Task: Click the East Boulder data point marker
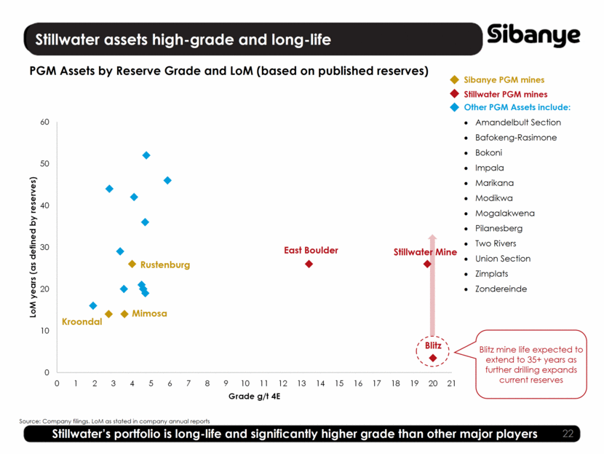pyautogui.click(x=309, y=264)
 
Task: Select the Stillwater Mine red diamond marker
pyautogui.click(x=427, y=264)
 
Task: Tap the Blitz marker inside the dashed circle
pyautogui.click(x=433, y=358)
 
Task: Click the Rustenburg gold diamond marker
pyautogui.click(x=132, y=264)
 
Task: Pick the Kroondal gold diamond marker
pyautogui.click(x=108, y=314)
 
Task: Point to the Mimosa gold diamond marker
pyautogui.click(x=124, y=314)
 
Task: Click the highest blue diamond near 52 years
pyautogui.click(x=146, y=155)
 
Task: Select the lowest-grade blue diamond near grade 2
pyautogui.click(x=93, y=305)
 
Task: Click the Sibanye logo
pyautogui.click(x=534, y=36)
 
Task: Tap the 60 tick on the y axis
pyautogui.click(x=44, y=122)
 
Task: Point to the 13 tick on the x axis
pyautogui.click(x=301, y=383)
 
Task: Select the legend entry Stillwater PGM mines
pyautogui.click(x=506, y=94)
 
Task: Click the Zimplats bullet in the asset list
pyautogui.click(x=495, y=274)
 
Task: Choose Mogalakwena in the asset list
pyautogui.click(x=504, y=214)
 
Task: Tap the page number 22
pyautogui.click(x=568, y=434)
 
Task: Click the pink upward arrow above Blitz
pyautogui.click(x=432, y=284)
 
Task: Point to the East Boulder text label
pyautogui.click(x=311, y=250)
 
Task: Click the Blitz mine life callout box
pyautogui.click(x=531, y=364)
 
